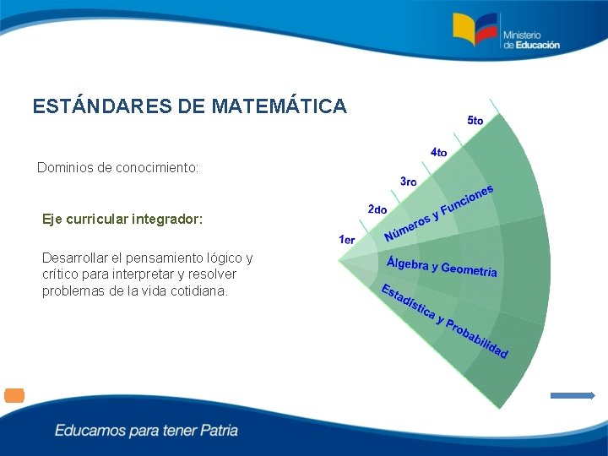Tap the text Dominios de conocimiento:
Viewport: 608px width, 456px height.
point(118,168)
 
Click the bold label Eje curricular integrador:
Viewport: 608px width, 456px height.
point(122,219)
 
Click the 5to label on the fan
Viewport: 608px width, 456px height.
point(475,121)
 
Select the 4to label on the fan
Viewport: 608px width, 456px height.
point(439,152)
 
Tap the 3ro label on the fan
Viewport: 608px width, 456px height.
point(409,182)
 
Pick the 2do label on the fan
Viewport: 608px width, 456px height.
point(377,209)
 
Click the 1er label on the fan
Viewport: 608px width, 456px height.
point(347,240)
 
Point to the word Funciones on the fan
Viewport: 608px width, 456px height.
point(466,198)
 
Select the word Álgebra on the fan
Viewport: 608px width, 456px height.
point(407,263)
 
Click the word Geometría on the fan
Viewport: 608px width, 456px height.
point(470,270)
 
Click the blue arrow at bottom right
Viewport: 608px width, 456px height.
point(573,395)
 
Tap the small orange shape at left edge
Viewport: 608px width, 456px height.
point(14,395)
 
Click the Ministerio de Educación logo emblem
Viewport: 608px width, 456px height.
point(475,29)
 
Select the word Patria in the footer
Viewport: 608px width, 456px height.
point(220,431)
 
